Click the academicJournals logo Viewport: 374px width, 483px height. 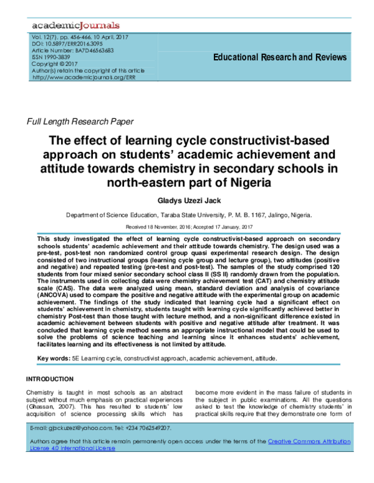pyautogui.click(x=75, y=26)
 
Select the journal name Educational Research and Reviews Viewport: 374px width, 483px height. pyautogui.click(x=280, y=57)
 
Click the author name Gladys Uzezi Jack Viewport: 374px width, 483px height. pyautogui.click(x=186, y=202)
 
